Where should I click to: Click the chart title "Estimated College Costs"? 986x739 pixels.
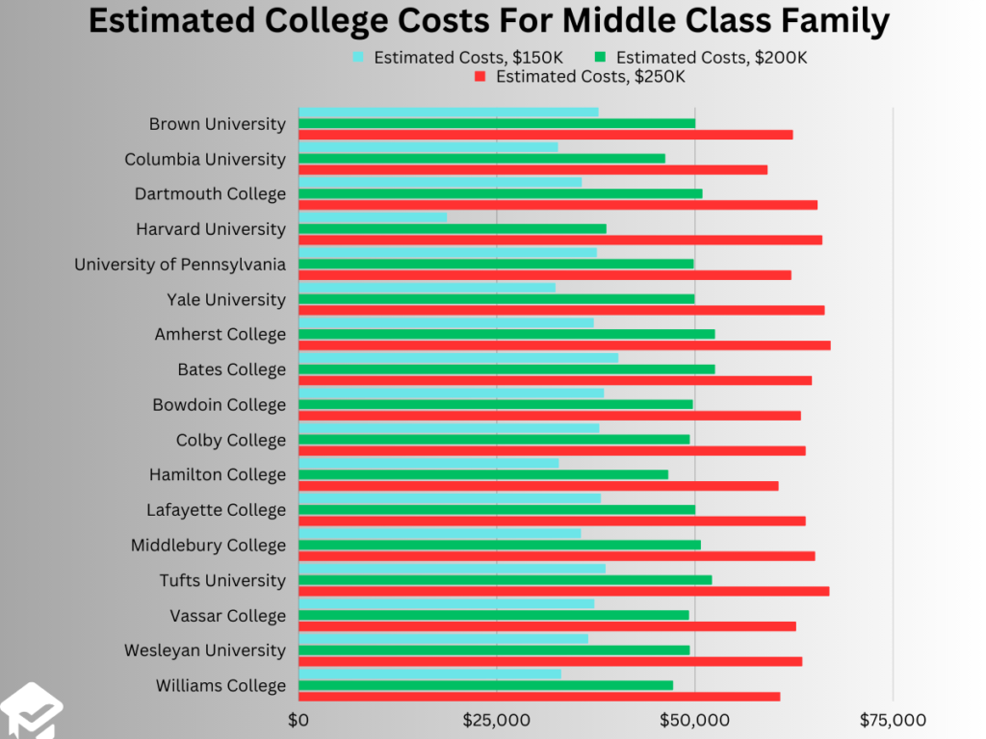(488, 21)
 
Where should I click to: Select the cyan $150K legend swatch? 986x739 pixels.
(359, 57)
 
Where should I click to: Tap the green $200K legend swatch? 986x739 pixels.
(601, 57)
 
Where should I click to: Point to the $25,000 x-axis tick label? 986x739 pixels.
(496, 721)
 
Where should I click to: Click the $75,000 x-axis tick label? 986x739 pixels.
(892, 721)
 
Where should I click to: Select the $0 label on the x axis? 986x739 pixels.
(298, 721)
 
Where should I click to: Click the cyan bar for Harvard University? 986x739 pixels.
(373, 217)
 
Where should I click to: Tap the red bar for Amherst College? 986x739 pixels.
(564, 345)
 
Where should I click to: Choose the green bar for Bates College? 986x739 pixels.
(506, 369)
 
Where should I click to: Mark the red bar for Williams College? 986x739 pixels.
(539, 697)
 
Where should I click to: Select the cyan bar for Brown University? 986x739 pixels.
(448, 112)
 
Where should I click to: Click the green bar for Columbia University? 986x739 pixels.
(481, 159)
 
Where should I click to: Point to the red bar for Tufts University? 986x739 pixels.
(563, 591)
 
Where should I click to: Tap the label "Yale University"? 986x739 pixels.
(226, 299)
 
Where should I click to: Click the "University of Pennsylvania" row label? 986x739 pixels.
(180, 264)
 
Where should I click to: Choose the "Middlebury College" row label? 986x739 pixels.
(208, 546)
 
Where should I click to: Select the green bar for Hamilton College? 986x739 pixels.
(483, 474)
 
